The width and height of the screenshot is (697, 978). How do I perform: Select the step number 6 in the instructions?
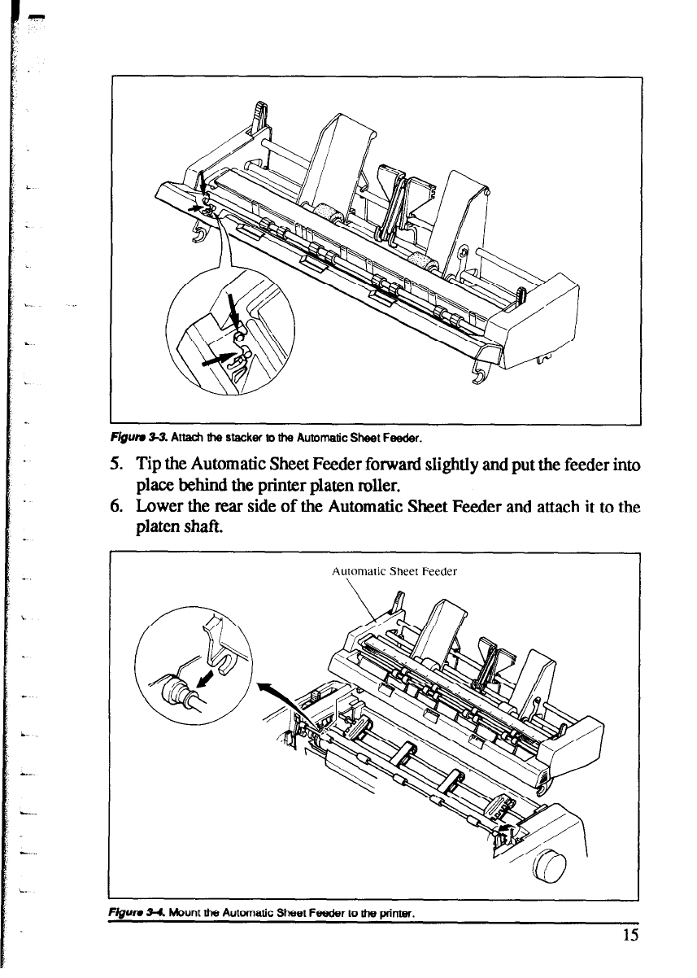point(115,509)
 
